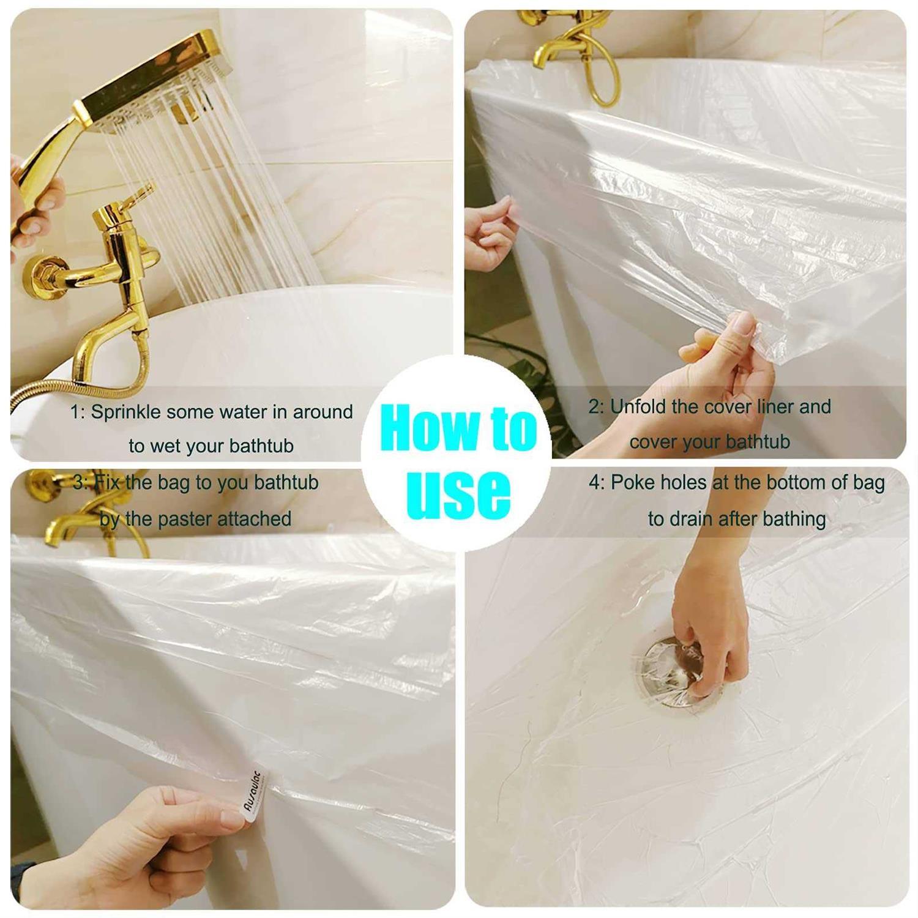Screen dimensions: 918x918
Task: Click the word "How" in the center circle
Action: (428, 428)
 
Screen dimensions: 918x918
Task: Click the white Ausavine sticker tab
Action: (254, 792)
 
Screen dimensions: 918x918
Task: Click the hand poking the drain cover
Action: (710, 630)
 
